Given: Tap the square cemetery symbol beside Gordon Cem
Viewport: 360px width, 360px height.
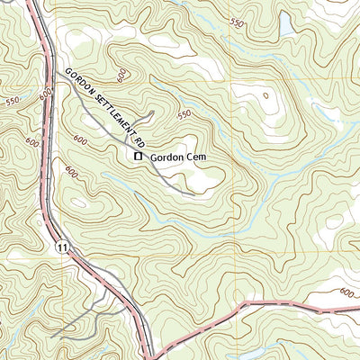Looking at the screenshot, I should pos(138,157).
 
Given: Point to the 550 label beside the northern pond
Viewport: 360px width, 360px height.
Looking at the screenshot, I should pos(237,22).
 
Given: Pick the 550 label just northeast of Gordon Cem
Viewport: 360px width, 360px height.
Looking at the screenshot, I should pos(184,114).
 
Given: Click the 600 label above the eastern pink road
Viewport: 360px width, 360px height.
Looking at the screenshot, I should pos(347,292).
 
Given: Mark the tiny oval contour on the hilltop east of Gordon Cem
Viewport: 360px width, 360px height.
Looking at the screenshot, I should pos(265,94).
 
